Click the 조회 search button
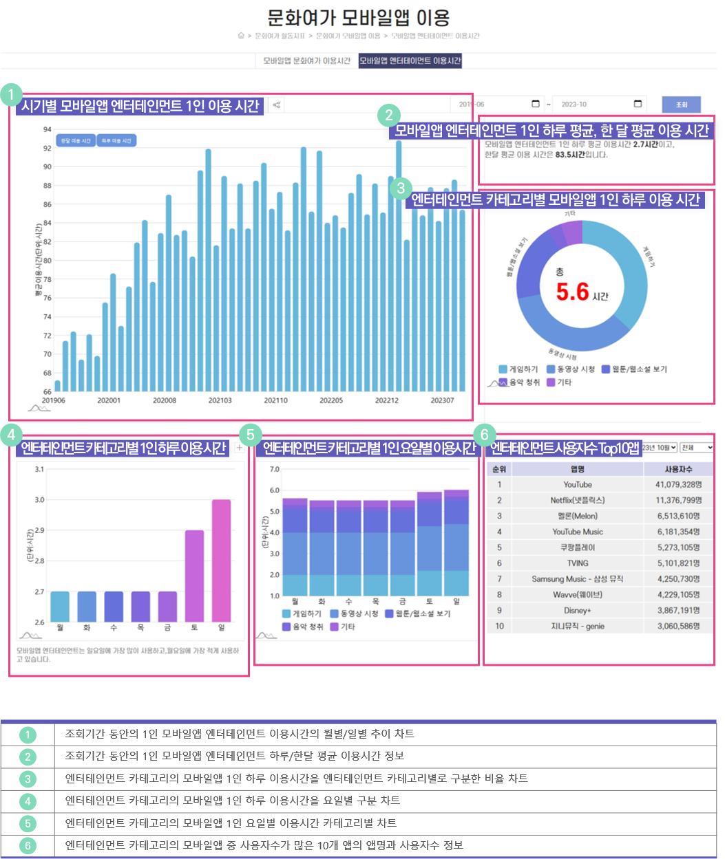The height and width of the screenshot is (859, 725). coord(681,105)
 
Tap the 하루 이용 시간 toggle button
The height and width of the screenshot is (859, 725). coord(116,140)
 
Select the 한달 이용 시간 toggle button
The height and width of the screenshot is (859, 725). coord(76,140)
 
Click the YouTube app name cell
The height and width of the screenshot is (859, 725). coord(577,485)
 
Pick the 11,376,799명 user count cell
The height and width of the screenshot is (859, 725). coord(678,501)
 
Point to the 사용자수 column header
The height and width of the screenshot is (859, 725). coord(678,469)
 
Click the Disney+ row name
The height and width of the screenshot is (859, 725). coord(577,611)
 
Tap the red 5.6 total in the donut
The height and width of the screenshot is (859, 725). coord(573,292)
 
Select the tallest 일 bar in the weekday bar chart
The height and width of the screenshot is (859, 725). coord(221,560)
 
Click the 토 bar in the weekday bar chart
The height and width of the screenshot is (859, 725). coord(194,575)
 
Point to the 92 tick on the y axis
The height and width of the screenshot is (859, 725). coord(48,148)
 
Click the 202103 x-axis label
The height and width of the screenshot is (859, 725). coord(220,400)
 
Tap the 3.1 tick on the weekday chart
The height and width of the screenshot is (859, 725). coord(39,469)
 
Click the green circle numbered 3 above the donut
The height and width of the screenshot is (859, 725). coord(400,188)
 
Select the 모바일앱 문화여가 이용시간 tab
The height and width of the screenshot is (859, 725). coord(306,61)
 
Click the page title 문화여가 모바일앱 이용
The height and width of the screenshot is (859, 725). coord(358,17)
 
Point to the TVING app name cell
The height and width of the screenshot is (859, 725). coord(577,563)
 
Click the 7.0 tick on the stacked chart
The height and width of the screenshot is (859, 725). coord(274,469)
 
